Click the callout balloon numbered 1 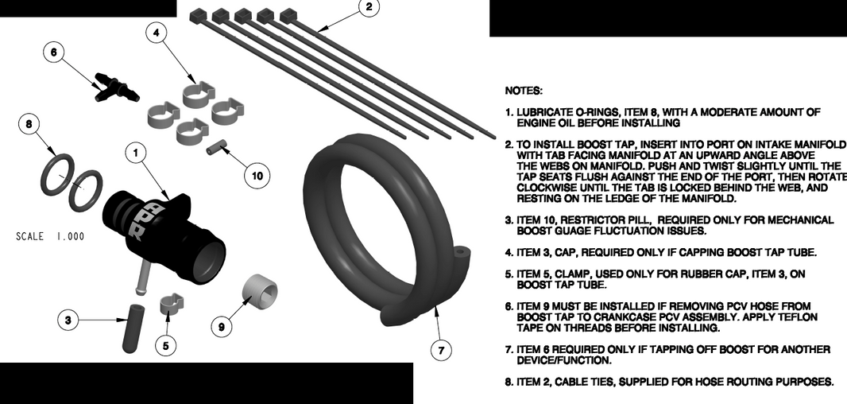(x=136, y=151)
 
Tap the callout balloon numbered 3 (x=68, y=320)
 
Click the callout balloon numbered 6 (x=53, y=52)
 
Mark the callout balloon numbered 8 (x=29, y=124)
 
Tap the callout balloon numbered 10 (x=256, y=176)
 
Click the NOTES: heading (x=524, y=91)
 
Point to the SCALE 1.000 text (x=50, y=236)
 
